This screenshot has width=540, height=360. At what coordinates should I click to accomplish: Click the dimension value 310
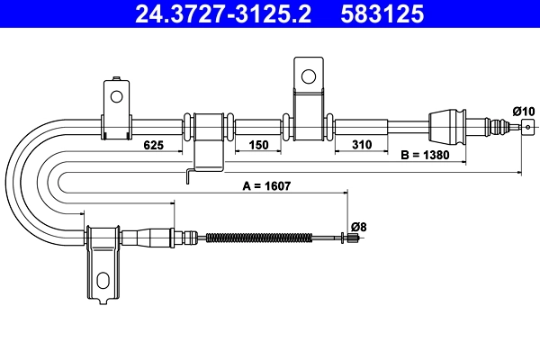pyautogui.click(x=362, y=144)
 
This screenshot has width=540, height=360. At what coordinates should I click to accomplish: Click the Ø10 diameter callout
pyautogui.click(x=523, y=111)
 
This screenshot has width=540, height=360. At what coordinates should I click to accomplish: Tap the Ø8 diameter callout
pyautogui.click(x=357, y=226)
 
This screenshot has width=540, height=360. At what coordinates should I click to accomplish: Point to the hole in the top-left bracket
pyautogui.click(x=115, y=94)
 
